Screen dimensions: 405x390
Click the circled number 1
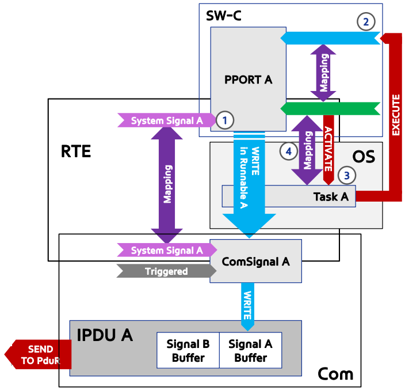[x=225, y=120]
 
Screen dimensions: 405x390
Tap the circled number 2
[x=366, y=22]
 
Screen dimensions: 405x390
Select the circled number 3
[x=347, y=175]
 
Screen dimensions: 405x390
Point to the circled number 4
[x=289, y=152]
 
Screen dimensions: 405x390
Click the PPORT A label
[x=248, y=79]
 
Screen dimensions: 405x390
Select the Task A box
[x=289, y=196]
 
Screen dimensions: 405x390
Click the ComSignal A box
[x=255, y=261]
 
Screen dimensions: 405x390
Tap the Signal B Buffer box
[x=188, y=350]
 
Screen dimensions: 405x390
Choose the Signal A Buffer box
[x=251, y=350]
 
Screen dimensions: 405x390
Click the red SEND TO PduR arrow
[x=38, y=354]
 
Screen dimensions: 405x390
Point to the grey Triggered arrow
[x=166, y=271]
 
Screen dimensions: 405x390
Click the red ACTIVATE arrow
[x=328, y=150]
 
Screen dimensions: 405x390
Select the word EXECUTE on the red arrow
[x=396, y=115]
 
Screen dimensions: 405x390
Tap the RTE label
[x=76, y=152]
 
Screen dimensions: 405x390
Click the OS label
[x=364, y=157]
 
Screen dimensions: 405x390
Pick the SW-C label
[x=224, y=16]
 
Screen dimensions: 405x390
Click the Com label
[x=335, y=374]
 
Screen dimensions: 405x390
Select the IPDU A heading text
[x=105, y=335]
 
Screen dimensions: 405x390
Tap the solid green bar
[x=330, y=109]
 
